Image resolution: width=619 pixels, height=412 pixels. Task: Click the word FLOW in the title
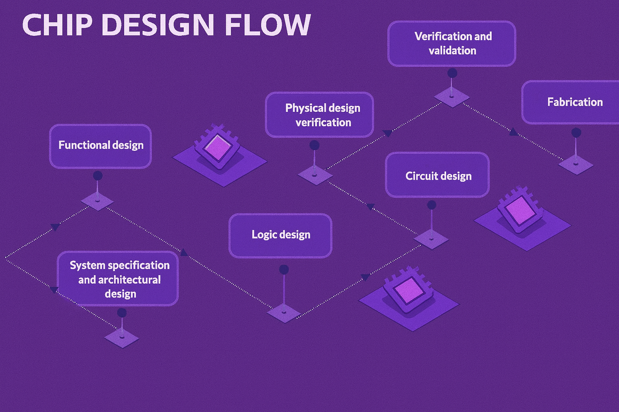268,25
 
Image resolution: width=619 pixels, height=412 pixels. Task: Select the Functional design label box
100,146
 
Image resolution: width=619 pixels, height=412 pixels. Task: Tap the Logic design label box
280,235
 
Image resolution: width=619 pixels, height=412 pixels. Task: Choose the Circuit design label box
438,175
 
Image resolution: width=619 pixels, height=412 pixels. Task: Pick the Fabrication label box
572,102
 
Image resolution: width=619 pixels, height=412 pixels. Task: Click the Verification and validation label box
452,43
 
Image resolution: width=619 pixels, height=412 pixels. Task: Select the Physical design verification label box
320,115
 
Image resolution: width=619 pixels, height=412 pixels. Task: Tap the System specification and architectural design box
118,279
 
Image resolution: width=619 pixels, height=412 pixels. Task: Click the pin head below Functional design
98,175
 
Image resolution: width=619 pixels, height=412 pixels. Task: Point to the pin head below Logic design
284,269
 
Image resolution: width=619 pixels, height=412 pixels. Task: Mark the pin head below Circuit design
432,205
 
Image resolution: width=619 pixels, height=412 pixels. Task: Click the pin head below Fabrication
576,132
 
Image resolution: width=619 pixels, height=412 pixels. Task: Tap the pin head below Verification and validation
452,73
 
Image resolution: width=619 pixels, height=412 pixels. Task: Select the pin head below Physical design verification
314,145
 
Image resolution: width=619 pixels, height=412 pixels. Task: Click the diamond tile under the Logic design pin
284,313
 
